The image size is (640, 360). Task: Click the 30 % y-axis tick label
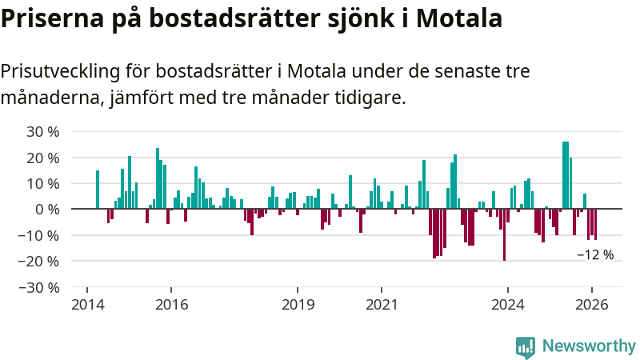click(x=44, y=131)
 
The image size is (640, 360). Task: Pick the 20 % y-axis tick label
click(x=44, y=158)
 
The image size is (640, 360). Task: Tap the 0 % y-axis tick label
click(x=49, y=209)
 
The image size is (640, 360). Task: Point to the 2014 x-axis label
click(x=87, y=305)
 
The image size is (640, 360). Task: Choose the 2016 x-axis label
click(x=171, y=305)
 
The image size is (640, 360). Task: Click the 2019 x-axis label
click(x=298, y=305)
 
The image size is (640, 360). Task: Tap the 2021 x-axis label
click(x=382, y=305)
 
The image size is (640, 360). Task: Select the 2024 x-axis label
click(x=507, y=305)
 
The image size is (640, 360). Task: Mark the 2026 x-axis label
click(x=591, y=305)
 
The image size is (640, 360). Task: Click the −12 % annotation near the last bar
click(x=595, y=255)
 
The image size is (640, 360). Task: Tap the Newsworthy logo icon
click(x=526, y=346)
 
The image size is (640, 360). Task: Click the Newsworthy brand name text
click(x=589, y=346)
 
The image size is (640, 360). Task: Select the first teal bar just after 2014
click(x=98, y=190)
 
